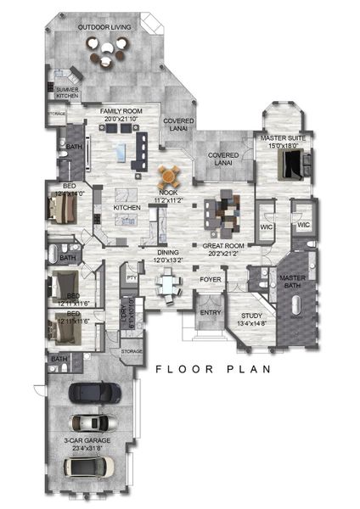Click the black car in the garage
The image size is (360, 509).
[x=94, y=392]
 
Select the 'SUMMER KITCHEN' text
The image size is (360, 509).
[x=67, y=92]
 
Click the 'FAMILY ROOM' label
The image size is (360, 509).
[x=120, y=111]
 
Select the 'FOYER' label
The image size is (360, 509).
[x=210, y=279]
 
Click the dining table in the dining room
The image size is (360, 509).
[x=171, y=284]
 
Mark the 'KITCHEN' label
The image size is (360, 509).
[x=127, y=207]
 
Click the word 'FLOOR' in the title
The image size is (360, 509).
[x=177, y=369]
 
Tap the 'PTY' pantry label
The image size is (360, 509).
[x=132, y=277]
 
